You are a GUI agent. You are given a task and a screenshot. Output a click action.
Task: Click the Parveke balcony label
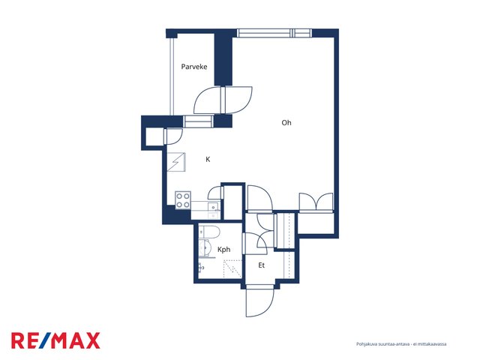point(194,67)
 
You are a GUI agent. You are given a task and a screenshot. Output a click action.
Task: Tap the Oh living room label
point(286,123)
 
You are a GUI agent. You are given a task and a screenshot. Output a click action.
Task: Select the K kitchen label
point(208,159)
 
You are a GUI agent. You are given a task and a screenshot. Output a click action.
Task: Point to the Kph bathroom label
point(223,250)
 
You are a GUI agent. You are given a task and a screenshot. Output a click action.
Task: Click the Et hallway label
point(261,265)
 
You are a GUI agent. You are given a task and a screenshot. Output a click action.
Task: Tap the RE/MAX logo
point(55,340)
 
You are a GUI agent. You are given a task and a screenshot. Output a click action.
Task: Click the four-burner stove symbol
point(183,200)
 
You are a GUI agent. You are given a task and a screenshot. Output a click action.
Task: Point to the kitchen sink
point(213,207)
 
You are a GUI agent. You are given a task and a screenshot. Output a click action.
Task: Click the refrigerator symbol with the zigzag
point(176,162)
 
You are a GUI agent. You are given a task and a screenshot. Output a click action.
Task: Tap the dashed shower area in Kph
point(232,268)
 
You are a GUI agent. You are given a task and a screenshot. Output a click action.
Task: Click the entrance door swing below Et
point(260,302)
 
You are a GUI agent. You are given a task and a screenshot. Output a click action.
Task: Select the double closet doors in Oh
point(316,202)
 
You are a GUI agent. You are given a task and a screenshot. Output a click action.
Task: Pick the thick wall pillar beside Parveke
point(223,60)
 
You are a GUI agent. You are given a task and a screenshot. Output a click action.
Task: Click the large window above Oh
point(274,33)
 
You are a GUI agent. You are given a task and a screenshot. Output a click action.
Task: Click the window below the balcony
point(198,121)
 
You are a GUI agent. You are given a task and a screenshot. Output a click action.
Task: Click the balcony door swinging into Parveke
point(207,100)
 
